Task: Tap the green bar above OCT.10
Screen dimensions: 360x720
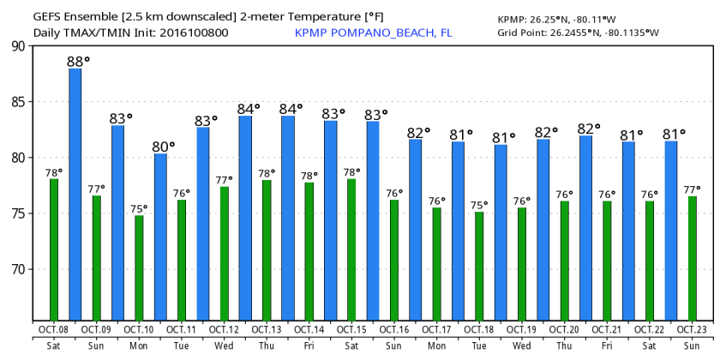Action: coord(139,268)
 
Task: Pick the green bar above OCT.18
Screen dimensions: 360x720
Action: coord(479,267)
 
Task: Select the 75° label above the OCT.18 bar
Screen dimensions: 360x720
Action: coord(479,205)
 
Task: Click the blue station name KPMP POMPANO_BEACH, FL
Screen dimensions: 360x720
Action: coord(373,33)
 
